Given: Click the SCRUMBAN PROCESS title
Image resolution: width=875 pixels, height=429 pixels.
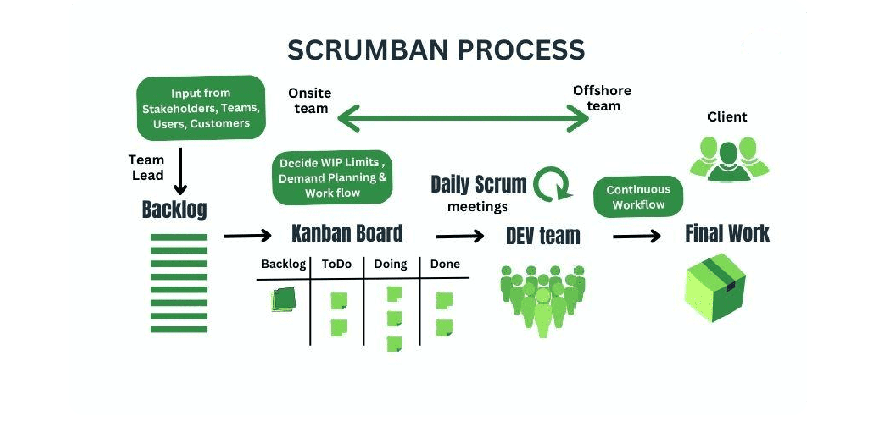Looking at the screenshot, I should (436, 50).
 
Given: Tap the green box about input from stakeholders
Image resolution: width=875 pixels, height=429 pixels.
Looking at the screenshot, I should (201, 108).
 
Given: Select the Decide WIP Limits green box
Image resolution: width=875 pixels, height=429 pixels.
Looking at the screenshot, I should (332, 178).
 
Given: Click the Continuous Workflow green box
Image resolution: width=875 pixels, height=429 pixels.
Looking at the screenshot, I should (638, 197).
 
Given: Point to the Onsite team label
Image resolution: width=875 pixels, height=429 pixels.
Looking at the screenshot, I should (310, 101).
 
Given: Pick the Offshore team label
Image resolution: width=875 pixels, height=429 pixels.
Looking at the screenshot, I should (602, 98).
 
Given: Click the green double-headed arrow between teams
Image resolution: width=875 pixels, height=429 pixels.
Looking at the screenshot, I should (463, 118).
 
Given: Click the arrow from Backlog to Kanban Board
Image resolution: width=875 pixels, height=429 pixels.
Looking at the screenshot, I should (247, 235).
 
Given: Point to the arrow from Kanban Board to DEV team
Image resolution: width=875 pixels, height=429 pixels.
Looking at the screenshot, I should (460, 236).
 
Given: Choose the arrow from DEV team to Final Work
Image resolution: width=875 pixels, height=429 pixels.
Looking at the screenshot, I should (637, 236).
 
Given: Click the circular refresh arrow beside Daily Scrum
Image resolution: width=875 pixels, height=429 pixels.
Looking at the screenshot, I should (552, 184).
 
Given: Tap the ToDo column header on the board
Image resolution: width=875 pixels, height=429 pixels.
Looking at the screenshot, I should (337, 264).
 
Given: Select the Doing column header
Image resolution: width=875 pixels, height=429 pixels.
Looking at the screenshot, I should (390, 264).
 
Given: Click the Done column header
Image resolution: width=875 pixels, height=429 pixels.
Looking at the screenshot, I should (445, 264).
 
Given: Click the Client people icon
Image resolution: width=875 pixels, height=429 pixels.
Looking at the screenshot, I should (729, 158).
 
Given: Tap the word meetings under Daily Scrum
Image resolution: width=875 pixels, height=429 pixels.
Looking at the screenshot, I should (478, 206).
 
